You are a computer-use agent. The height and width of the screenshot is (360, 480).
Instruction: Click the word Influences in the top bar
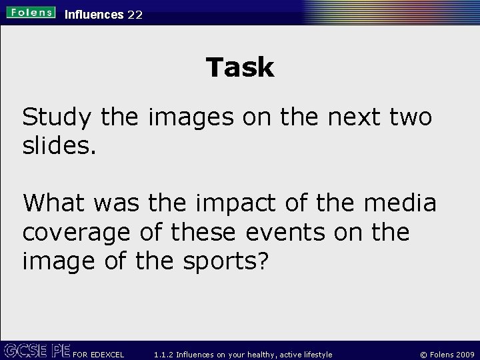point(94,14)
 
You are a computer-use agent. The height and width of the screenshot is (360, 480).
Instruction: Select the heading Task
point(240,67)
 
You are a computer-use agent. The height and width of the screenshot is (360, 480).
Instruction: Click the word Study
point(57,118)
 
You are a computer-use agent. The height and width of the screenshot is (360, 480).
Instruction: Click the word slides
point(59,146)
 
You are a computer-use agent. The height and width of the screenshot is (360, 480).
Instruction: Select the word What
point(59,203)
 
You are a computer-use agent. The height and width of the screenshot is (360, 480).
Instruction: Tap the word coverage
point(76,233)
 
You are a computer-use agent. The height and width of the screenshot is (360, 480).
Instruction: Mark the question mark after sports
point(264,261)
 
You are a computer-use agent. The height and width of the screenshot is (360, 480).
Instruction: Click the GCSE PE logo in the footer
point(36,351)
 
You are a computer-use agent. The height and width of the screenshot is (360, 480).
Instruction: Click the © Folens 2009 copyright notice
point(443,354)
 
